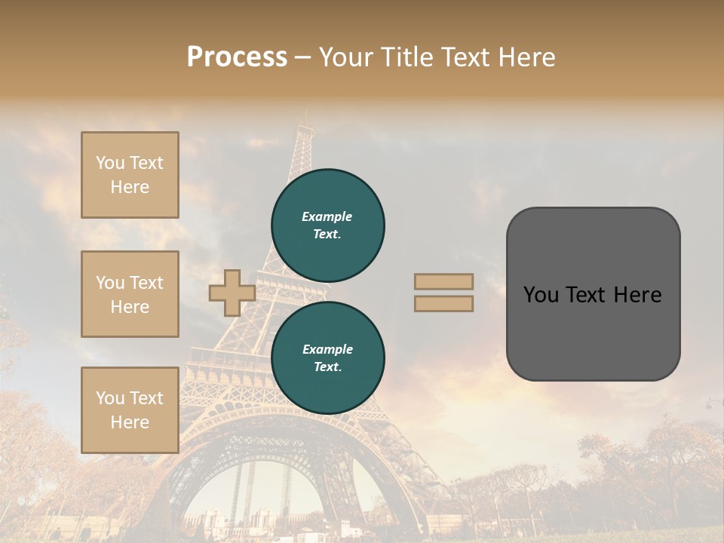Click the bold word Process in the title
237,57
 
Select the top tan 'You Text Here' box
130,175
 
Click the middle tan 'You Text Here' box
130,294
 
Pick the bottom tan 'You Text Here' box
130,410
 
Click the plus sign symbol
232,293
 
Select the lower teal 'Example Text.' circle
328,357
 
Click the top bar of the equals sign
443,281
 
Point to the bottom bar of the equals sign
443,303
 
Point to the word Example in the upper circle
327,216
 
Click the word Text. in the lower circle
328,367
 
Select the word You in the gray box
541,295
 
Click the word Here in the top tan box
130,187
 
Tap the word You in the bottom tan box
110,398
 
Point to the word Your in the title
347,57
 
